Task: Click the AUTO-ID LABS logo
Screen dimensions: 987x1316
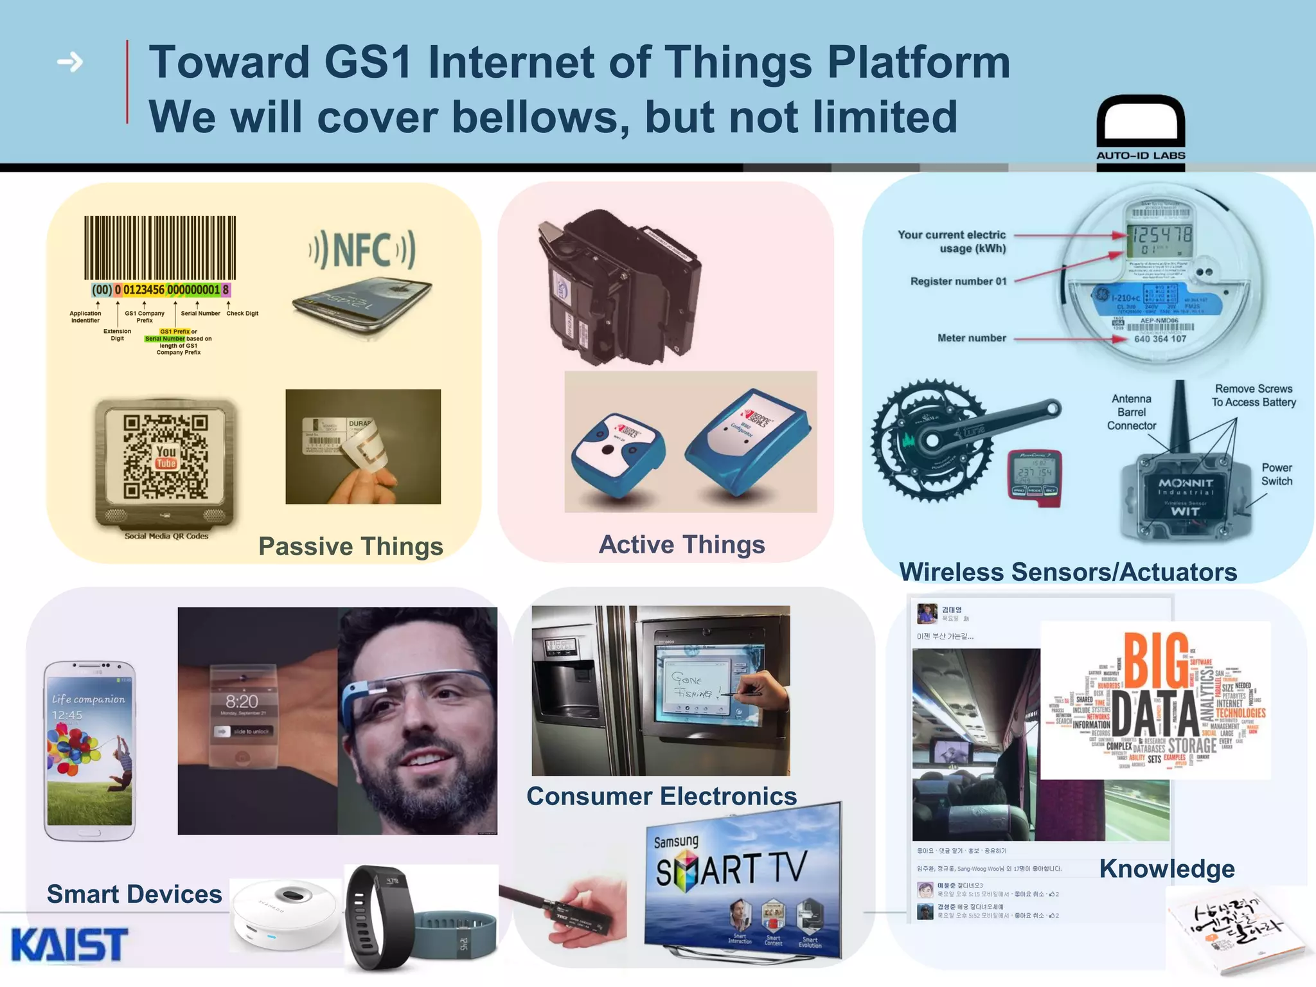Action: (x=1141, y=132)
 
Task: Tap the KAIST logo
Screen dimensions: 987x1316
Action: (x=69, y=944)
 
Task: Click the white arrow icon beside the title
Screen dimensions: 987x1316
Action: (x=70, y=62)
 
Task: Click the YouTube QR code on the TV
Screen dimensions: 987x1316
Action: (x=166, y=457)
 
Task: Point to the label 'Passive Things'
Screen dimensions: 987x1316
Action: (x=351, y=546)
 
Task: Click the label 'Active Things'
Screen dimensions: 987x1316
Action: (x=682, y=544)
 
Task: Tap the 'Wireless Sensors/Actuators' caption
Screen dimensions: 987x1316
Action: (x=1068, y=571)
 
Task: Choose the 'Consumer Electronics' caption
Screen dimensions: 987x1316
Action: (x=661, y=796)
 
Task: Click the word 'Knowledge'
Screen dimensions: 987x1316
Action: (x=1167, y=868)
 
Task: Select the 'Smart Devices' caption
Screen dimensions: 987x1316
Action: (x=134, y=894)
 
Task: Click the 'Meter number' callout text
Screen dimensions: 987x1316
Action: (x=972, y=338)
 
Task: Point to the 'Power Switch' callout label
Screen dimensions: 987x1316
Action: (x=1276, y=474)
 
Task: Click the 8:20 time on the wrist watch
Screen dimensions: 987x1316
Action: (x=242, y=701)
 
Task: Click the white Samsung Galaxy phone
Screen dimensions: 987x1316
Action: (x=89, y=751)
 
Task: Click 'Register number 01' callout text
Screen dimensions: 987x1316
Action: (x=958, y=281)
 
